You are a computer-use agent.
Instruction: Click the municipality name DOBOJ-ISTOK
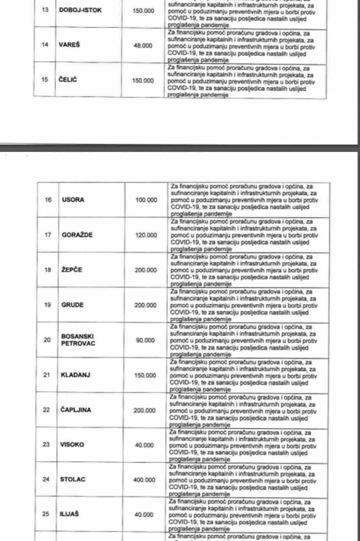[x=80, y=10]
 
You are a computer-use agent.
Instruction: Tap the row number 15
[x=45, y=80]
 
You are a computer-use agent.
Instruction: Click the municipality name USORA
[x=73, y=200]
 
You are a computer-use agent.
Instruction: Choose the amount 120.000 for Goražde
[x=146, y=235]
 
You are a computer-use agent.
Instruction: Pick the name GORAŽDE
[x=77, y=235]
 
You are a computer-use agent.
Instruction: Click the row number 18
[x=48, y=270]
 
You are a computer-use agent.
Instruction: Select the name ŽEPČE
[x=72, y=270]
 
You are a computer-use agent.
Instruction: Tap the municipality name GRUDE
[x=72, y=305]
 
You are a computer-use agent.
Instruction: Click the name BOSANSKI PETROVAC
[x=78, y=340]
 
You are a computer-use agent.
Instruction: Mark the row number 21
[x=47, y=375]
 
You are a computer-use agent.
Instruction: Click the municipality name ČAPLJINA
[x=76, y=410]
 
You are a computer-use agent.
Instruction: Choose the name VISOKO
[x=72, y=445]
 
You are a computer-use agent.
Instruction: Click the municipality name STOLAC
[x=72, y=479]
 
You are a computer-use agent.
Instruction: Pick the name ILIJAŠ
[x=69, y=514]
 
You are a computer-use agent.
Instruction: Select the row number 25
[x=46, y=514]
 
